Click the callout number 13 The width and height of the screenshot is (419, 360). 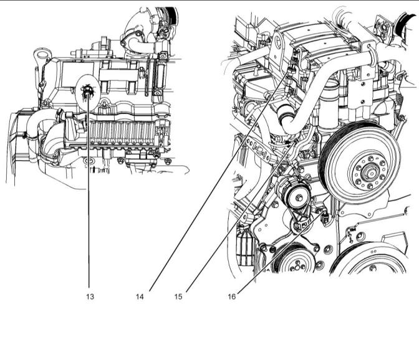click(90, 296)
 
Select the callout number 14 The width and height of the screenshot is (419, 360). click(140, 296)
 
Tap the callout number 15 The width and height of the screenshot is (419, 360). click(178, 296)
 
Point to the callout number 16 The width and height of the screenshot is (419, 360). click(232, 296)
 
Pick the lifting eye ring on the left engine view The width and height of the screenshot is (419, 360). click(42, 55)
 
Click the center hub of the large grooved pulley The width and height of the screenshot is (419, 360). click(370, 174)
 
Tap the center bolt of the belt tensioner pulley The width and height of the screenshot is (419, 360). click(299, 197)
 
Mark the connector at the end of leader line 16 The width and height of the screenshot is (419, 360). click(325, 217)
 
